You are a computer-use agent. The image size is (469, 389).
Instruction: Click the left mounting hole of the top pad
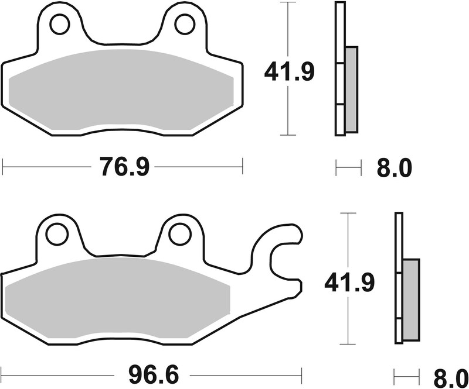(59, 25)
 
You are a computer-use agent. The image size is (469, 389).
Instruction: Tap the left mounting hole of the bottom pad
(57, 235)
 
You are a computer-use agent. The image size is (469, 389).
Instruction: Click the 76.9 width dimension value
(125, 168)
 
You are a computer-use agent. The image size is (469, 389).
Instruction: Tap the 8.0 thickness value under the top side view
(394, 168)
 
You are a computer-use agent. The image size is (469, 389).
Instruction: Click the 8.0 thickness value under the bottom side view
(450, 374)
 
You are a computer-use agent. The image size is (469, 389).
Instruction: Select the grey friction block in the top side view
(351, 88)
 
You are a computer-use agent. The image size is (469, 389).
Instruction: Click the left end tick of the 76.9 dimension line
(3, 166)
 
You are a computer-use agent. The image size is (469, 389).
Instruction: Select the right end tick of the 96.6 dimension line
(301, 373)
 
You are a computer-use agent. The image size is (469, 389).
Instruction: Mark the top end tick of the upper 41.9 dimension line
(287, 3)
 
